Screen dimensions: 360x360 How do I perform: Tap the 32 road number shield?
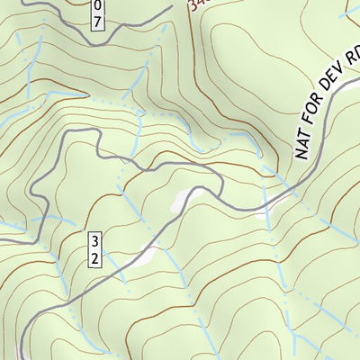(94, 249)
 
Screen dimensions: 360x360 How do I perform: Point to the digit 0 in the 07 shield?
(97, 4)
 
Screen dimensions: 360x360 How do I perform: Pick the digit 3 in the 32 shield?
(94, 241)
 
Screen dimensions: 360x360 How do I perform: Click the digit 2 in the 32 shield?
(94, 257)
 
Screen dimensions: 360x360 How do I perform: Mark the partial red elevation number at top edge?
(199, 4)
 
